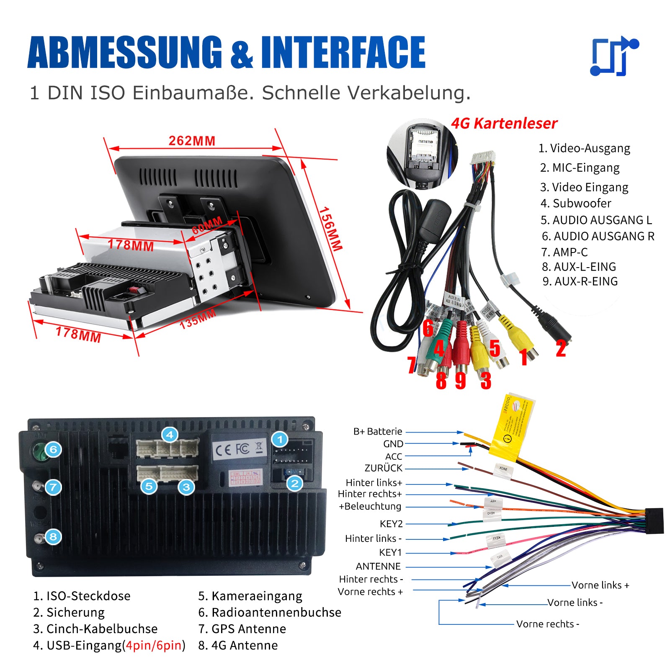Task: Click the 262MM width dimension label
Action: (x=192, y=141)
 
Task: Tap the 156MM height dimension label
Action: (x=331, y=229)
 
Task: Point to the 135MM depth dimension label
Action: (x=198, y=319)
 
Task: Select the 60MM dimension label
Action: (x=207, y=226)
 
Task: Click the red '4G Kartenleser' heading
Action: (x=504, y=124)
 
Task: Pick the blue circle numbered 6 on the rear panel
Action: (x=53, y=450)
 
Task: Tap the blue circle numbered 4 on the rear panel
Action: (x=170, y=435)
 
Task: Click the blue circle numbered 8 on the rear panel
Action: (x=53, y=536)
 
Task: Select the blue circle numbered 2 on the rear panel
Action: (x=295, y=484)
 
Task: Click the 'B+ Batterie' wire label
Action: (x=378, y=432)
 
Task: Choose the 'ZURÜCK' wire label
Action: (x=383, y=468)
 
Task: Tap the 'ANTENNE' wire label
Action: (x=378, y=567)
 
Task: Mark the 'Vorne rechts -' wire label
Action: (x=548, y=624)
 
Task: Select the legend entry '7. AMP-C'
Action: (x=564, y=252)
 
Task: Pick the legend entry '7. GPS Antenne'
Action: (x=242, y=629)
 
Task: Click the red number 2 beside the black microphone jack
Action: (x=561, y=349)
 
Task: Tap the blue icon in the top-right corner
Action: (x=614, y=57)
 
